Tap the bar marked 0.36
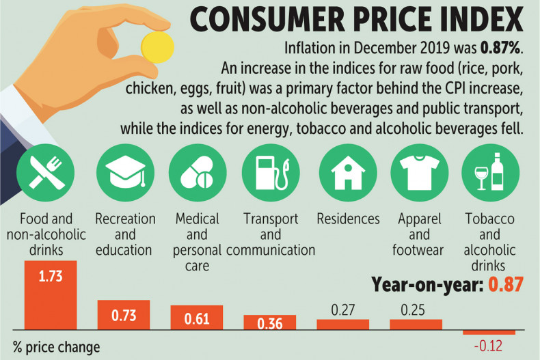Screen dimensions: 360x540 270,322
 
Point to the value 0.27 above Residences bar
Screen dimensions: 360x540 342,309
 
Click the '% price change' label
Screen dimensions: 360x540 55,347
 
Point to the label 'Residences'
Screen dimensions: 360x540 348,219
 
